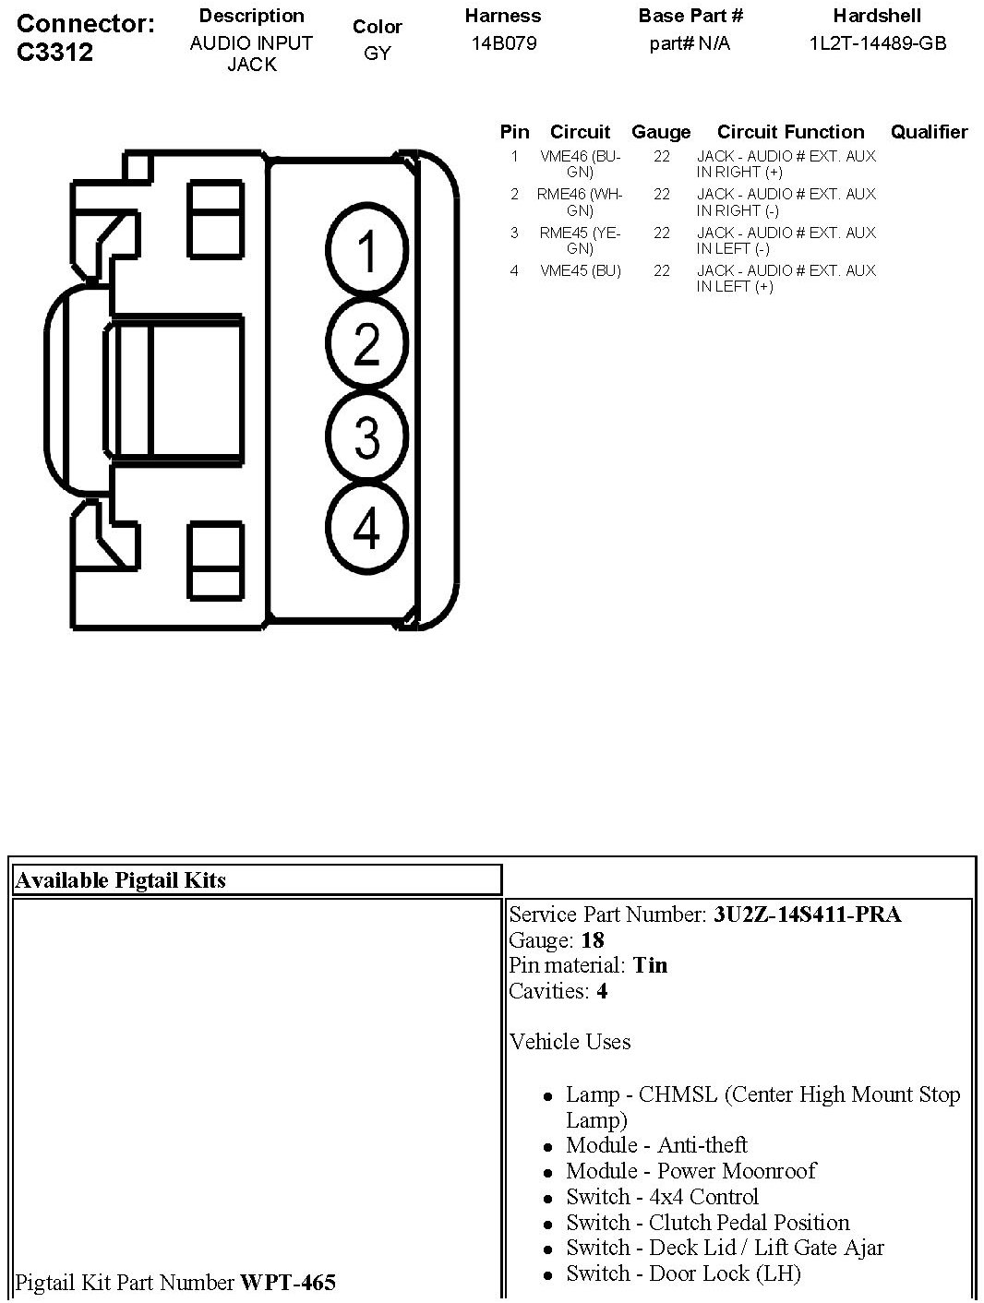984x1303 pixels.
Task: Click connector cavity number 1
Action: click(x=366, y=252)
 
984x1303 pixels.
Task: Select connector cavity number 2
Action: click(x=366, y=344)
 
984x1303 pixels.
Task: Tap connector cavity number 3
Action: click(x=366, y=436)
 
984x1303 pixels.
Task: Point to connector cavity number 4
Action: click(x=366, y=530)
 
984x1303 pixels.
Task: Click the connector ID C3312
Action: click(x=55, y=52)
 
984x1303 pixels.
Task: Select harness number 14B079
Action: click(x=503, y=43)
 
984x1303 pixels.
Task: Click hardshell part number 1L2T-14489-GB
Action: click(x=877, y=43)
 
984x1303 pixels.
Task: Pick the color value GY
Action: click(x=377, y=54)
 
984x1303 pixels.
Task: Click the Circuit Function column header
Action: click(x=790, y=132)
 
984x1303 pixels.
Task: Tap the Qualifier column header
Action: click(x=929, y=132)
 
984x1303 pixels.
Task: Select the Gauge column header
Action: click(x=661, y=132)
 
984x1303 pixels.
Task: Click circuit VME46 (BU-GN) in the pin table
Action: click(x=580, y=164)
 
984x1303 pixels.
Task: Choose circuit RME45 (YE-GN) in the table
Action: click(x=580, y=241)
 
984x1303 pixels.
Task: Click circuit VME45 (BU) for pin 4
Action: click(x=580, y=271)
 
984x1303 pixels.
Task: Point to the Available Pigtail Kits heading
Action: click(x=121, y=880)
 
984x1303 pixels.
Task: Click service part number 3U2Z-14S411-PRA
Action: click(x=807, y=914)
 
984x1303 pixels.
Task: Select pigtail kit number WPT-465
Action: click(x=288, y=1282)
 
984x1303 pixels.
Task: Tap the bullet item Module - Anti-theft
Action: click(x=656, y=1145)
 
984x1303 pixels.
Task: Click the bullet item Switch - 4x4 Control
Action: click(x=662, y=1197)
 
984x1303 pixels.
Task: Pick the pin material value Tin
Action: click(x=650, y=965)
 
